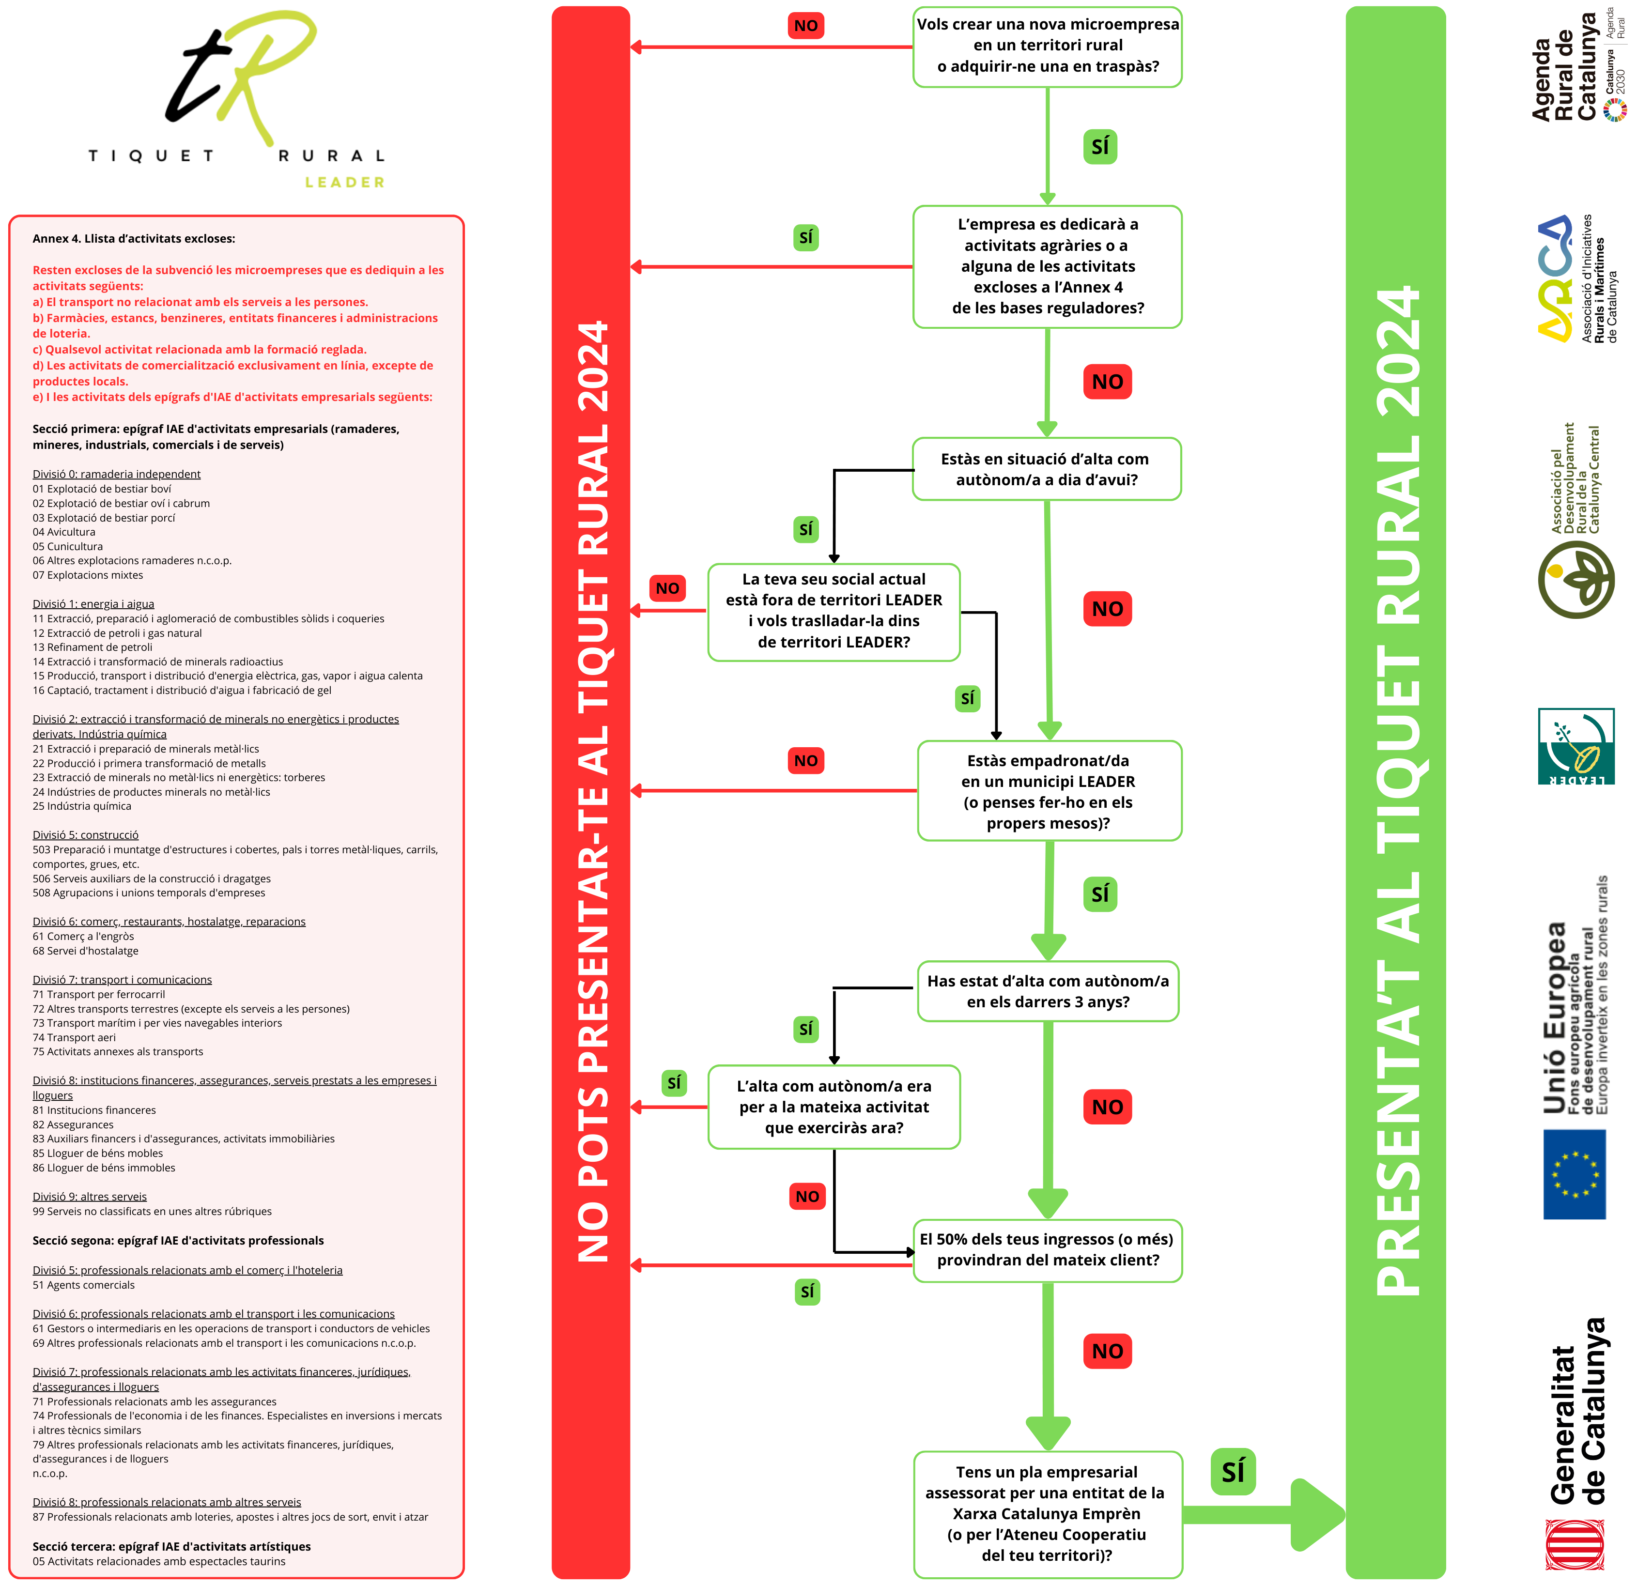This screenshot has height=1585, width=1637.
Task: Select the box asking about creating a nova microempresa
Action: (1048, 46)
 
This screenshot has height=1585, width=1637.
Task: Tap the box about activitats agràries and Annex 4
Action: (1048, 266)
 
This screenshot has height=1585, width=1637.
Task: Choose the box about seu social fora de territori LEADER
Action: (834, 611)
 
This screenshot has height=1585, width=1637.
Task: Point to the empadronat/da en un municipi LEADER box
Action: (1049, 791)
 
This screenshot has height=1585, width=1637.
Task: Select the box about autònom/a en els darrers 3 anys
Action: (1048, 991)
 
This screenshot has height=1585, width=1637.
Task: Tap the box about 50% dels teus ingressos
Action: (1048, 1250)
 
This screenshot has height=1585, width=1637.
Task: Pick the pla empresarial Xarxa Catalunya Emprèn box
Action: (1048, 1514)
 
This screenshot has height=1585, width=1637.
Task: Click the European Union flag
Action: (1575, 1173)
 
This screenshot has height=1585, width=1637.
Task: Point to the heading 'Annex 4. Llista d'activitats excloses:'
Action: (134, 239)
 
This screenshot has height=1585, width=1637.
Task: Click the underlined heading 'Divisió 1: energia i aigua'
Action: (93, 604)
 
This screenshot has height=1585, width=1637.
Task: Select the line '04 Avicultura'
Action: (64, 532)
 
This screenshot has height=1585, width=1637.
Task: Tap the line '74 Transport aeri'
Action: (74, 1037)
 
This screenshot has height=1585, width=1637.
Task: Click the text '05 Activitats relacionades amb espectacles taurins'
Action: (159, 1561)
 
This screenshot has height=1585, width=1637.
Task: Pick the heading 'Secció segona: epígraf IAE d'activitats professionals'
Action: (178, 1240)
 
